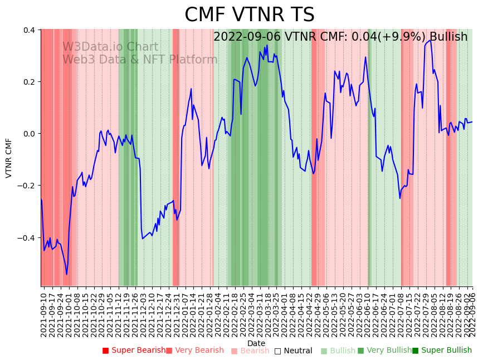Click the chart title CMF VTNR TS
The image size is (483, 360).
pos(250,15)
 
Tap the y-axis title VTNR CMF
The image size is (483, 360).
pos(9,158)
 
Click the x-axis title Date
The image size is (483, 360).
pos(256,343)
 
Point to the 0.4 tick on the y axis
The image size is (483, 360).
pos(29,30)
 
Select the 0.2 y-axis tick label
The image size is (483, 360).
pos(29,82)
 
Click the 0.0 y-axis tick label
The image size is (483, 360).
pos(29,134)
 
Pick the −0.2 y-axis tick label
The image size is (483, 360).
pos(27,186)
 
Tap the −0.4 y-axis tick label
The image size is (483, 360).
pos(27,238)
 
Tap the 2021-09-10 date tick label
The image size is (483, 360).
pos(44,313)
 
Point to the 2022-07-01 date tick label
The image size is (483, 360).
pos(394,313)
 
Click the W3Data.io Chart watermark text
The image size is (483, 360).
pos(110,47)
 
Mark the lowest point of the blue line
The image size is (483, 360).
pos(66,274)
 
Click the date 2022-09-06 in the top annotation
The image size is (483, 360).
pos(247,37)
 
